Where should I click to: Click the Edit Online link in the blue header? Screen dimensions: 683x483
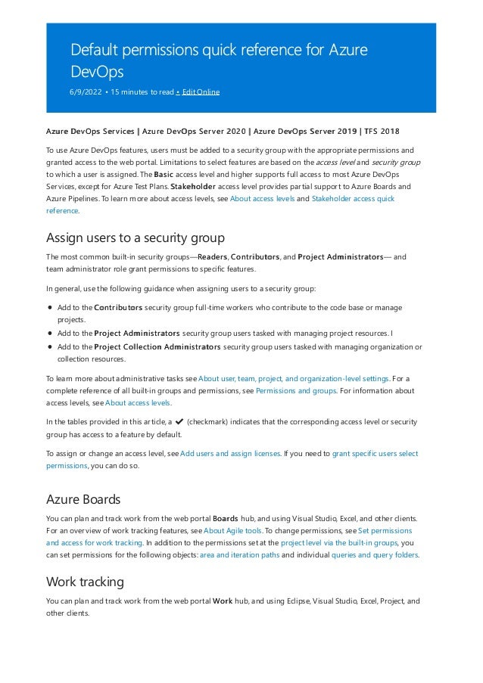[199, 92]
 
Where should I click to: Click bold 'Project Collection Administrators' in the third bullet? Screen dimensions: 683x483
[157, 347]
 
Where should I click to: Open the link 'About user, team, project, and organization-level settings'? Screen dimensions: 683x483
[294, 378]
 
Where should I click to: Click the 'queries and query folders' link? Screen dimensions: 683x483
[375, 554]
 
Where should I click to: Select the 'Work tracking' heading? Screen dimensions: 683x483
[85, 582]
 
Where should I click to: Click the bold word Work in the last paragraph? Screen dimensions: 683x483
[223, 601]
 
